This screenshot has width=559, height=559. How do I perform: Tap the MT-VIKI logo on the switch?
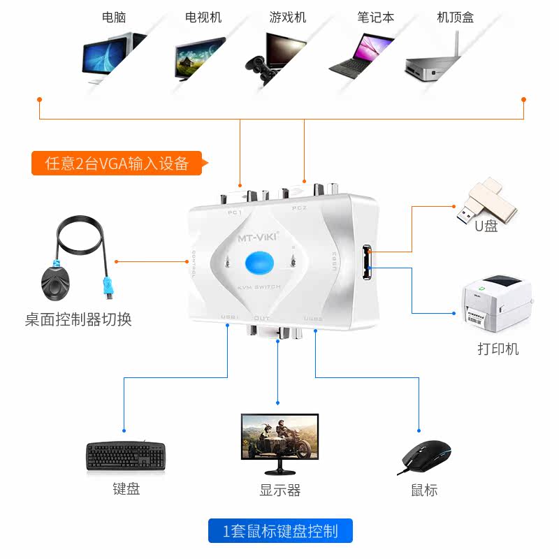tap(259, 237)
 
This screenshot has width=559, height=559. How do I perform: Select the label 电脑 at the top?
tap(113, 17)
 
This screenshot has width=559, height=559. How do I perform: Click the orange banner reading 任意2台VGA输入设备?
tap(117, 164)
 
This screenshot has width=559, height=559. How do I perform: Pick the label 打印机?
tap(498, 349)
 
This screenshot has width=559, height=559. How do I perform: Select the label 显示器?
tap(279, 491)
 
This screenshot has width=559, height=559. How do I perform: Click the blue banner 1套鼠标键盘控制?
tap(280, 531)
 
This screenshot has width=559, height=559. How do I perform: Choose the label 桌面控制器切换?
tap(78, 320)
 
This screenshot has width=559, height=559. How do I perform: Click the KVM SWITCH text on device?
tap(258, 287)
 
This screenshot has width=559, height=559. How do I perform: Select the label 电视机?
tap(203, 17)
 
